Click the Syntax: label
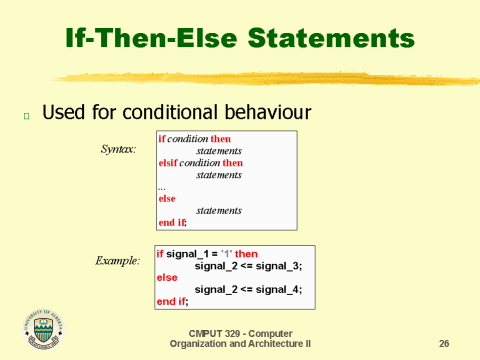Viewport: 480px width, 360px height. tap(119, 150)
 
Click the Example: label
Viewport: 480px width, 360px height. tap(117, 260)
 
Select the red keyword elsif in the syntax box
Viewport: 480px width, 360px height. tap(171, 162)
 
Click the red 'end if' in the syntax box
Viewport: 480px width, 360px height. tap(173, 222)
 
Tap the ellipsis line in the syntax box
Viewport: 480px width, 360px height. tap(162, 186)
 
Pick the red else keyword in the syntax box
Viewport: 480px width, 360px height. tap(167, 198)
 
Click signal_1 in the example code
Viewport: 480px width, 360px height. tap(191, 254)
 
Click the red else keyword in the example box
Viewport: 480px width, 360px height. tap(167, 277)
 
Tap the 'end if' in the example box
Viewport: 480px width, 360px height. tap(172, 300)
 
